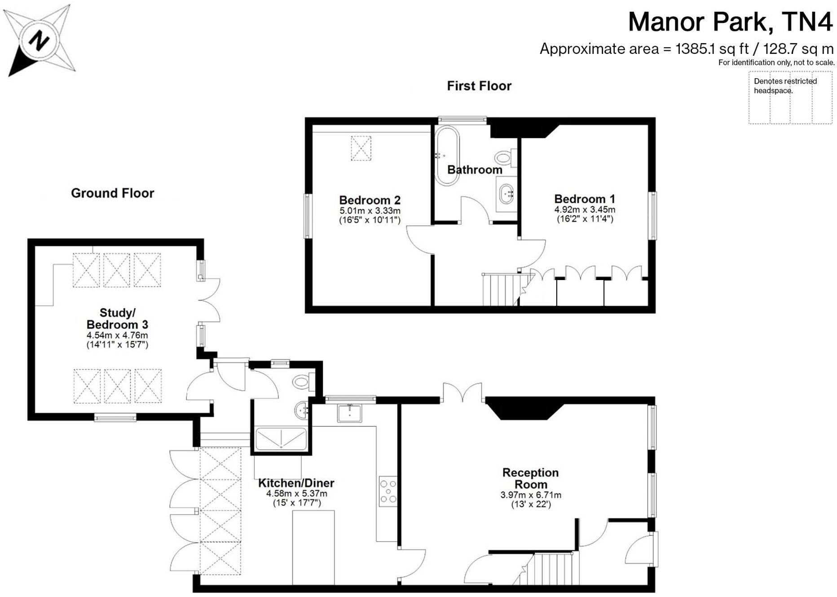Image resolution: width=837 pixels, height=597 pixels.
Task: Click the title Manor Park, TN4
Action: (x=730, y=22)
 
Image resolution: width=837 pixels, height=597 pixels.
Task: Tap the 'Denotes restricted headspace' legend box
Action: (x=790, y=98)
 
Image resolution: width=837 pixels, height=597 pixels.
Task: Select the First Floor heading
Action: (x=479, y=86)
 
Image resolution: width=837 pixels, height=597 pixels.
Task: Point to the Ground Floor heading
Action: (x=112, y=193)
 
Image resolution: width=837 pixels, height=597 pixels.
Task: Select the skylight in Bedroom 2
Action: (x=361, y=148)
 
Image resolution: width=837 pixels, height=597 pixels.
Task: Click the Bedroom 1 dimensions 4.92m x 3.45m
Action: (x=584, y=210)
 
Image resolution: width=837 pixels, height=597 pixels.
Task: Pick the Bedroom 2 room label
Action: (x=370, y=200)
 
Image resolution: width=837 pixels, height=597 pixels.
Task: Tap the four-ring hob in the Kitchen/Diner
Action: (x=388, y=491)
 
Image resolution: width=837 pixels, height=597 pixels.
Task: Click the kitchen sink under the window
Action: (x=350, y=413)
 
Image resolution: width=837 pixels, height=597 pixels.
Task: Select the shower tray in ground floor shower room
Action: (x=281, y=438)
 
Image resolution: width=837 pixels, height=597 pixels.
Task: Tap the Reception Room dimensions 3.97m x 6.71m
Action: (x=531, y=495)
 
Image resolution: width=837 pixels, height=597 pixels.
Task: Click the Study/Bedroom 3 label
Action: (x=117, y=318)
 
